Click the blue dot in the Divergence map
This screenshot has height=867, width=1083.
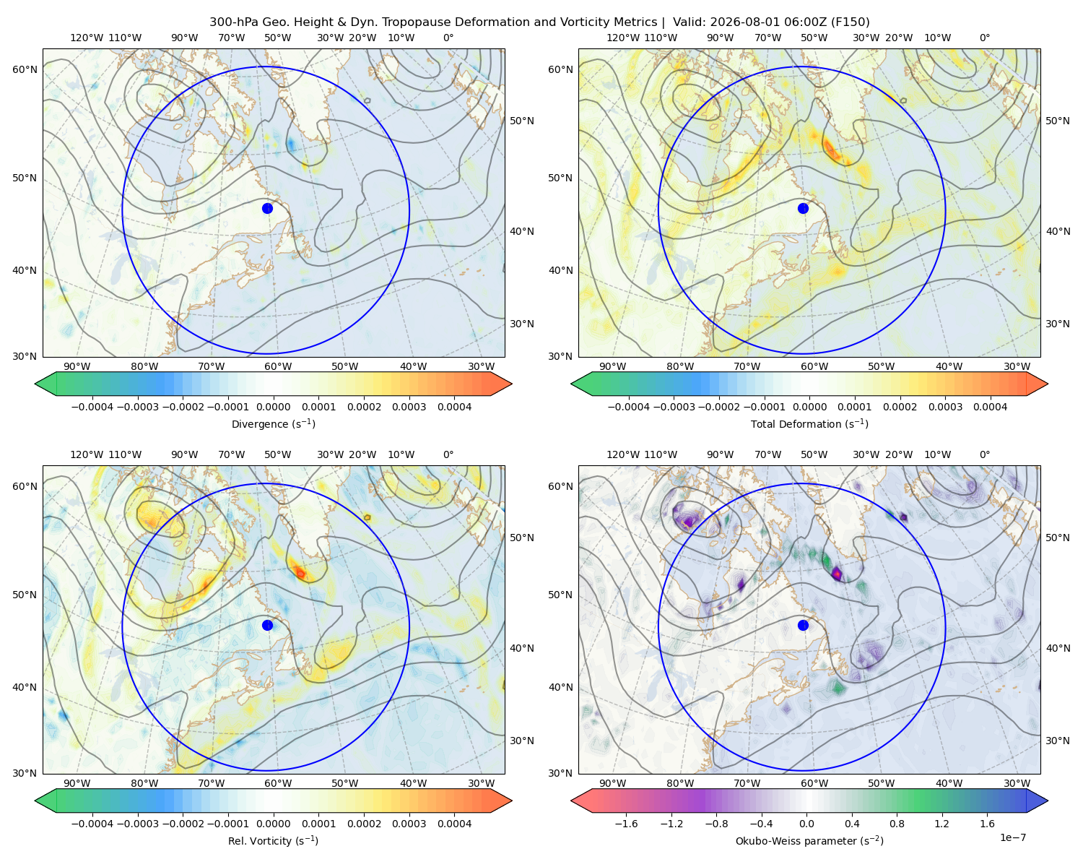click(x=267, y=209)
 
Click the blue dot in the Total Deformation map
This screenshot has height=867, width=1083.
click(x=803, y=209)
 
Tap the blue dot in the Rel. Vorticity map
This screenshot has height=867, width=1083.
click(x=267, y=625)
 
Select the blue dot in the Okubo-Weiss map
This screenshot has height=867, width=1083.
click(x=803, y=625)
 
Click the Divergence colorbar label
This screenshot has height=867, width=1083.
click(x=273, y=424)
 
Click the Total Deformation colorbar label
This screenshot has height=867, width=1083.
click(x=809, y=424)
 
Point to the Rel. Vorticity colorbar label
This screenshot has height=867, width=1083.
click(x=273, y=841)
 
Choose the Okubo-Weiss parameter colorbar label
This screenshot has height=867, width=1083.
click(x=809, y=841)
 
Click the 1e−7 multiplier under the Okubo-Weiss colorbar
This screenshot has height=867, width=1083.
click(x=1012, y=837)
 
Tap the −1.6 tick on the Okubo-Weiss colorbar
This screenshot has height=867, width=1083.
click(x=626, y=824)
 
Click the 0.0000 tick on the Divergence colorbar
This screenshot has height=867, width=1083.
click(x=273, y=407)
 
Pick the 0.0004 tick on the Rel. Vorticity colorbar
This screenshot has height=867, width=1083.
click(x=454, y=824)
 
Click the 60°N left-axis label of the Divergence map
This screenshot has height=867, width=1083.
click(x=25, y=69)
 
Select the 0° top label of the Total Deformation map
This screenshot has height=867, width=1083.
click(x=984, y=38)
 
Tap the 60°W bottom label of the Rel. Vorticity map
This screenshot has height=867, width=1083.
click(x=278, y=783)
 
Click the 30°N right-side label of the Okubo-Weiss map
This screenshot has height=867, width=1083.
click(x=1058, y=741)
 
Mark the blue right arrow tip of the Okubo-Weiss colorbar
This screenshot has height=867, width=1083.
click(x=1048, y=801)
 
